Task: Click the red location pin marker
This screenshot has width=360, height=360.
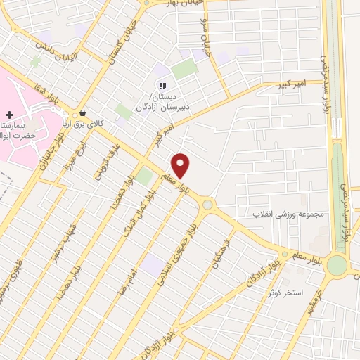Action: coord(181,165)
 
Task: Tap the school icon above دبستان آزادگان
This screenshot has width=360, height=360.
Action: coord(162,86)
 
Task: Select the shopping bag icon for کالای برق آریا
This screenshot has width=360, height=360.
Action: coord(83,113)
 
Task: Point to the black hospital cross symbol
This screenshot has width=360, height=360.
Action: coord(9,115)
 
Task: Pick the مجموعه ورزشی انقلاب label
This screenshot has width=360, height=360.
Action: coord(291,212)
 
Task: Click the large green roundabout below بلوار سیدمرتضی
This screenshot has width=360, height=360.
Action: coord(337,266)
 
